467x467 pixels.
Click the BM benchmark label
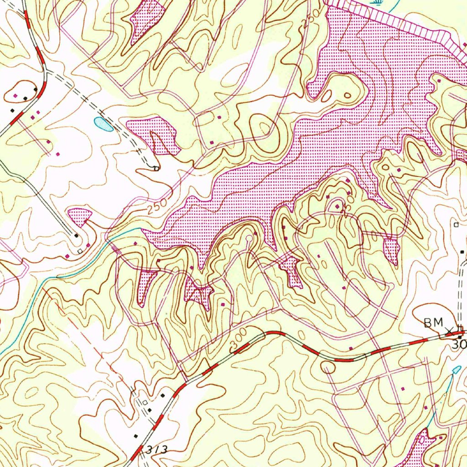pyautogui.click(x=433, y=323)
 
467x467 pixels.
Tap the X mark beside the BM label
pyautogui.click(x=449, y=330)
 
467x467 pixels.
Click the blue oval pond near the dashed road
pyautogui.click(x=103, y=124)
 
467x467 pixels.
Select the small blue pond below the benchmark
pyautogui.click(x=456, y=369)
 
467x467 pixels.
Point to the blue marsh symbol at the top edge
pyautogui.click(x=377, y=3)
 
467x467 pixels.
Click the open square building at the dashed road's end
pyautogui.click(x=156, y=169)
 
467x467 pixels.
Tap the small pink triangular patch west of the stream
pyautogui.click(x=79, y=216)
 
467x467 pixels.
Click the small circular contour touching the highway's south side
pyautogui.click(x=328, y=367)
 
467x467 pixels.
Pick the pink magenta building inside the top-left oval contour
pyautogui.click(x=16, y=96)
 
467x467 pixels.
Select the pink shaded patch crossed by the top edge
pyautogui.click(x=147, y=18)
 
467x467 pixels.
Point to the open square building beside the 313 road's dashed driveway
pyautogui.click(x=145, y=402)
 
